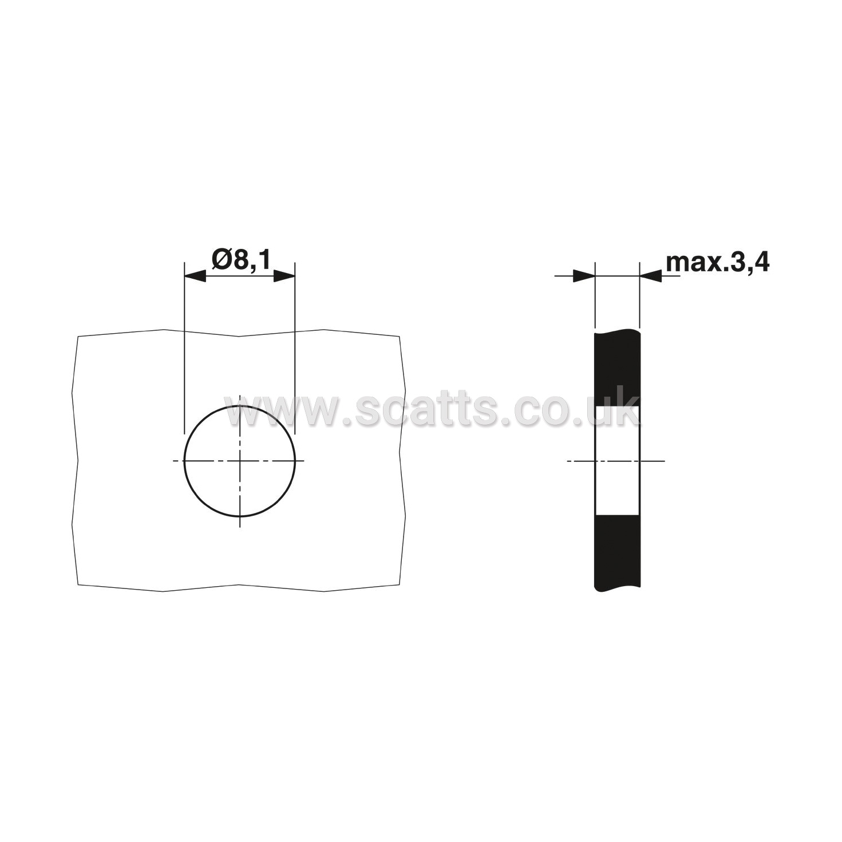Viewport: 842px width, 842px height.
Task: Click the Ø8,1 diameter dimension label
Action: [242, 261]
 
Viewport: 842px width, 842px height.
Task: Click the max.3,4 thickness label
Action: [717, 263]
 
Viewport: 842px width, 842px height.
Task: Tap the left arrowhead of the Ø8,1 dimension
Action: [195, 276]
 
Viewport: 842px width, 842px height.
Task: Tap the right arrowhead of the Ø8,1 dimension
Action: [284, 276]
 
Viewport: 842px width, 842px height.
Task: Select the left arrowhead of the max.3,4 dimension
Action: [584, 276]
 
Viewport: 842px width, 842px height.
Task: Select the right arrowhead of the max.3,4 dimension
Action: [651, 276]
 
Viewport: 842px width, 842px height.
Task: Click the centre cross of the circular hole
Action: [240, 461]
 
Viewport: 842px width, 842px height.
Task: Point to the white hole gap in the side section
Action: [618, 461]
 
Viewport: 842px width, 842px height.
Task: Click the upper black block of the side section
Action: [618, 369]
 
